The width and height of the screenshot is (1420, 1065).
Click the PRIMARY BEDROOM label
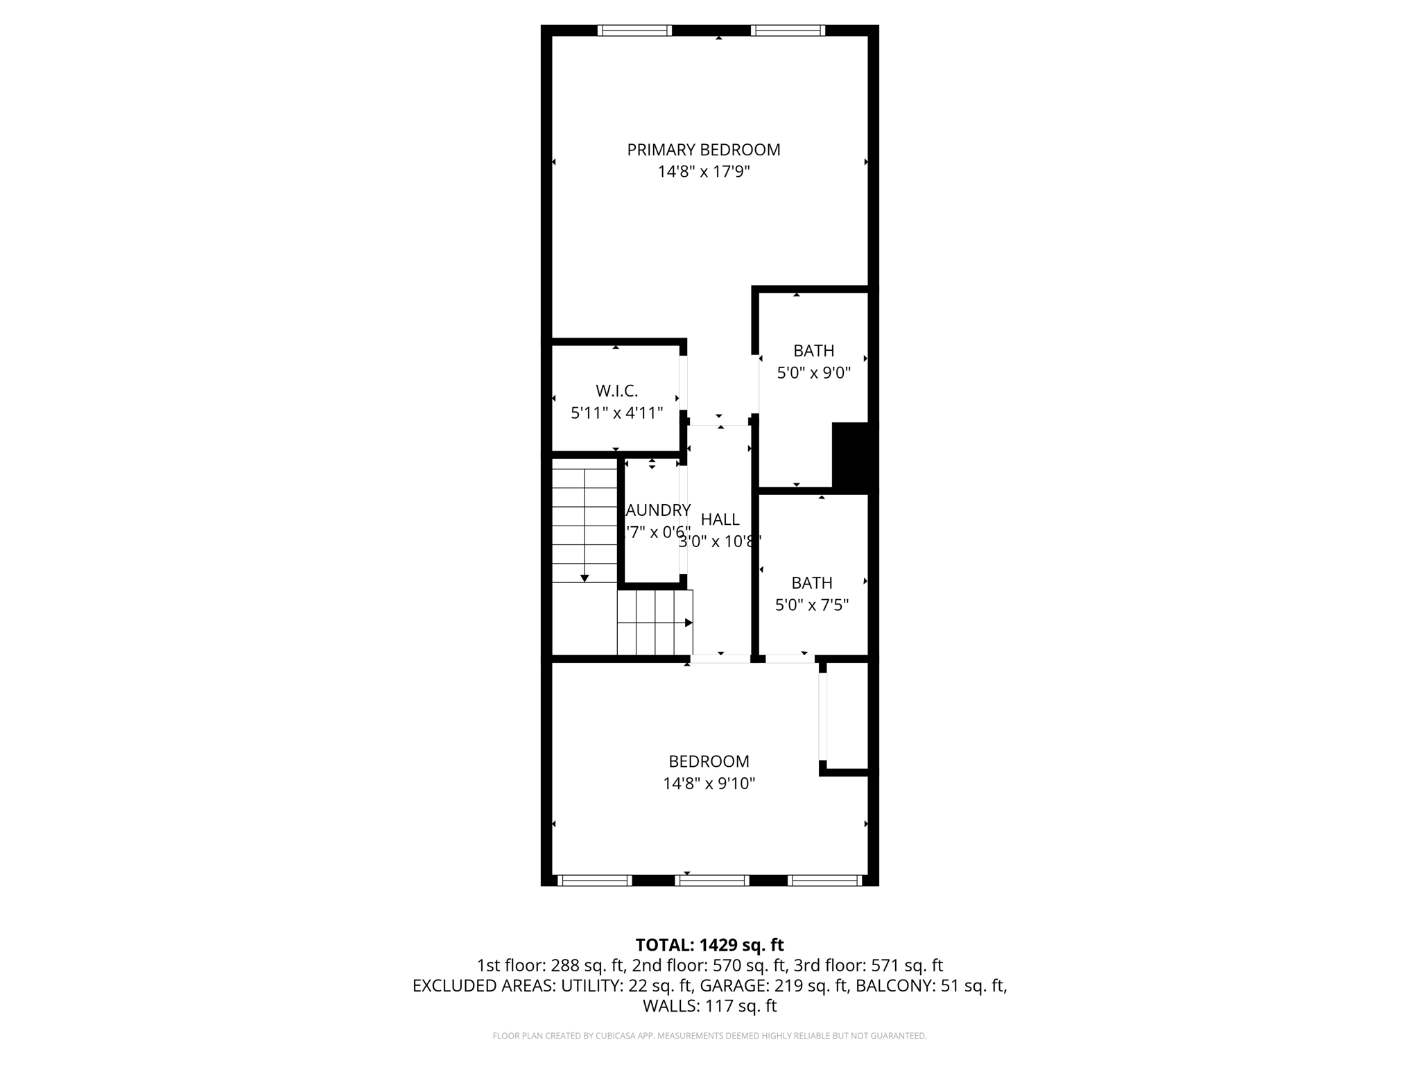[703, 150]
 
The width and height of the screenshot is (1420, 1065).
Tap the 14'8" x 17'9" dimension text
[703, 172]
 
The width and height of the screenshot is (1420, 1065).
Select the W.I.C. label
[616, 391]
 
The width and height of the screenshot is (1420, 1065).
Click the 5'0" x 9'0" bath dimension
[813, 373]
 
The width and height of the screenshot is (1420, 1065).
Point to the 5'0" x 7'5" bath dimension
[811, 605]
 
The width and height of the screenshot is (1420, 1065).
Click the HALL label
[720, 519]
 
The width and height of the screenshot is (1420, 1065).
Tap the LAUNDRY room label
[657, 510]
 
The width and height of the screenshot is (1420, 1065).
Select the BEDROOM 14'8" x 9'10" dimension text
[709, 783]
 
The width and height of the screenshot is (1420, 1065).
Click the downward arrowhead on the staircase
[585, 578]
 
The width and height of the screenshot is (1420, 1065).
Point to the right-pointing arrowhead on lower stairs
[689, 623]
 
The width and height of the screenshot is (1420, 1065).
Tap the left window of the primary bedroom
[634, 31]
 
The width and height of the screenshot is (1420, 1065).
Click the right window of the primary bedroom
[788, 31]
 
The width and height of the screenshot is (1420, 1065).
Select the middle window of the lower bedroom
[712, 881]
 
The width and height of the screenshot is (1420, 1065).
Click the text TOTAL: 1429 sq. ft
[709, 945]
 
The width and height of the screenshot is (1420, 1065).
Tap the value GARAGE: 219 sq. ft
[774, 986]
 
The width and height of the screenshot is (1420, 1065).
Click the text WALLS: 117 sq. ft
[709, 1006]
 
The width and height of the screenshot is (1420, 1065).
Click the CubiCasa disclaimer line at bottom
[709, 1036]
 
